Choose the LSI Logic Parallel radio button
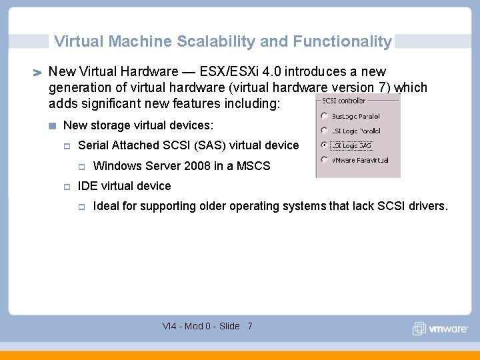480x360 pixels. (x=325, y=131)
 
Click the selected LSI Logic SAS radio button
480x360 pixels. (x=325, y=145)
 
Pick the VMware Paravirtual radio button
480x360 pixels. (x=325, y=160)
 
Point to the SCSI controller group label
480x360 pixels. (x=343, y=101)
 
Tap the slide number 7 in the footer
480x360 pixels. (x=249, y=326)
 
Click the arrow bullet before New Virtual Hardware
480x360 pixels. (x=37, y=72)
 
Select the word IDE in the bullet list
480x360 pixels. (x=88, y=186)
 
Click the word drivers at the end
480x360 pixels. (x=427, y=206)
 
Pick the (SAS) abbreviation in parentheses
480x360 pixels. (x=209, y=145)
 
